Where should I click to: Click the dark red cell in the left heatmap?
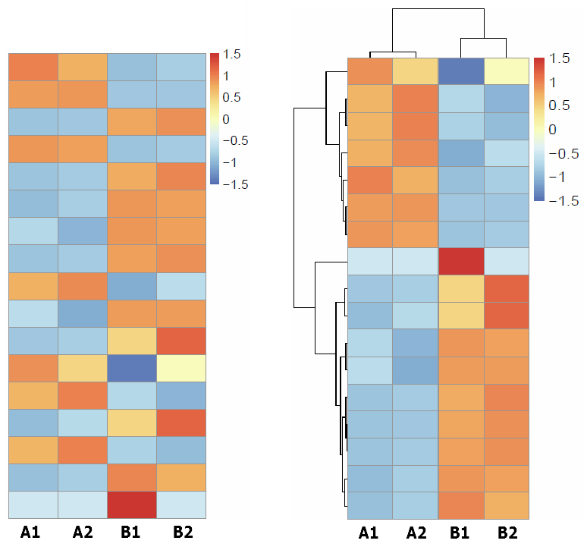[x=131, y=504]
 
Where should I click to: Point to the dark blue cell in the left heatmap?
[x=131, y=367]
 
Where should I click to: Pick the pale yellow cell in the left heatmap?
[x=181, y=367]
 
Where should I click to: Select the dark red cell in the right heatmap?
[x=461, y=261]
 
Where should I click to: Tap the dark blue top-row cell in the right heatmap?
[x=461, y=71]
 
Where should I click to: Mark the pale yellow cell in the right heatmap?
[x=507, y=71]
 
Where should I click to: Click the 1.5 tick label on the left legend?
[x=232, y=55]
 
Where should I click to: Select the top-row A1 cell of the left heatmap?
[x=33, y=67]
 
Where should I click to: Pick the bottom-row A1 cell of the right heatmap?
[x=370, y=506]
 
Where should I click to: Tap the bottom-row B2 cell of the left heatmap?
[x=181, y=504]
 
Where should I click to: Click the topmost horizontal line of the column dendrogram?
[x=438, y=8]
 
